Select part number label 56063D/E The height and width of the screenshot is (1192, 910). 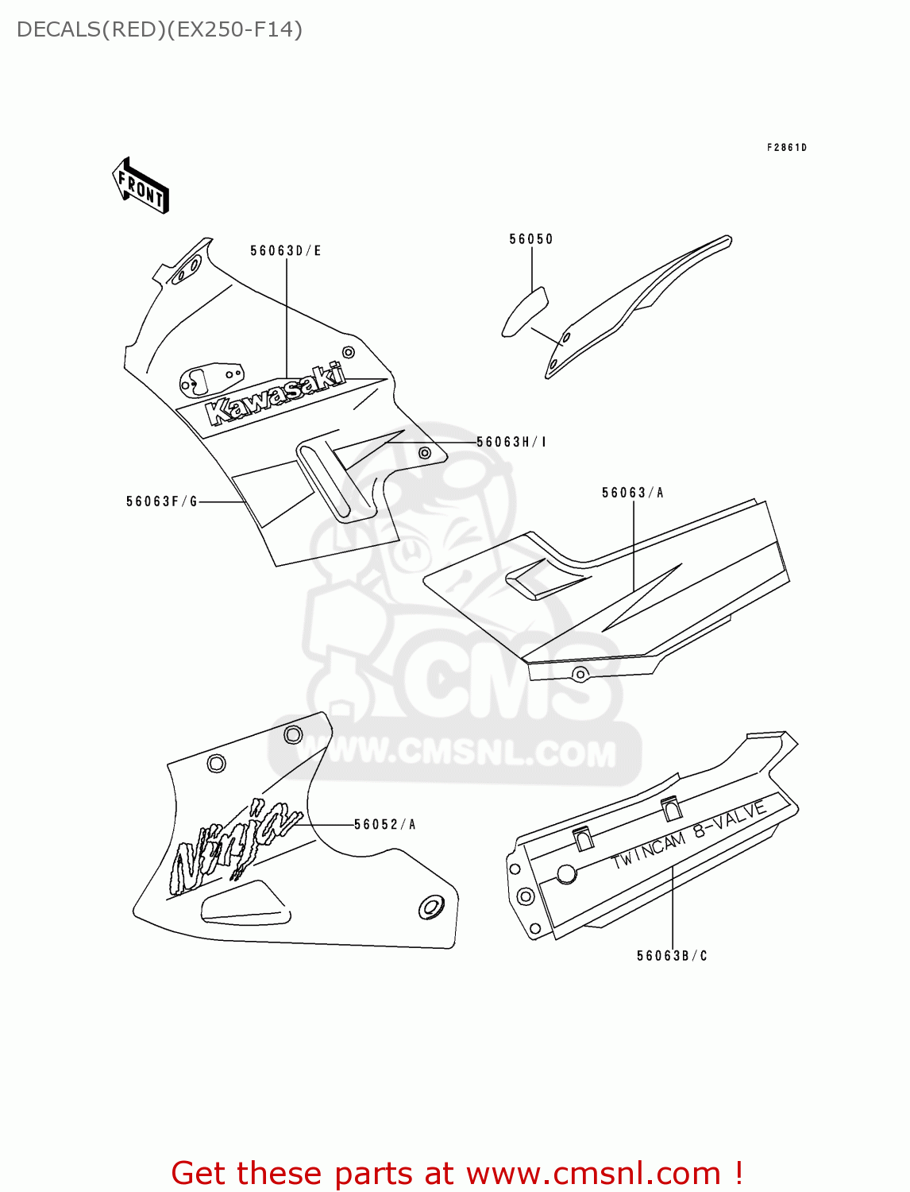click(286, 251)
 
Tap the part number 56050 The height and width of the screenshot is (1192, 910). click(531, 239)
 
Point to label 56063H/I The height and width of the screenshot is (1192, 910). click(511, 442)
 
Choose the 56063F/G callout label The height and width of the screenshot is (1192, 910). click(162, 501)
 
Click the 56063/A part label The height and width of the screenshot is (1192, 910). click(633, 493)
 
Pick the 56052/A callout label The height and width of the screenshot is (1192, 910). click(385, 825)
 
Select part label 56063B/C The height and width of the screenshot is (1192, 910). click(672, 956)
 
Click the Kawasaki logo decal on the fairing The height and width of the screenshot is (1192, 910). click(275, 393)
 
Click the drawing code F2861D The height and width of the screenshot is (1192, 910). click(786, 148)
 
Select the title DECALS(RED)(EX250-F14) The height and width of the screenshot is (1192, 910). click(160, 30)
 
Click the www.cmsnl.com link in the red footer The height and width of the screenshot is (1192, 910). click(592, 1174)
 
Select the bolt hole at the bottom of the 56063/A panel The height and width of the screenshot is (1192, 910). click(580, 675)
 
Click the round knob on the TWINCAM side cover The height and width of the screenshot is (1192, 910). click(566, 874)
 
